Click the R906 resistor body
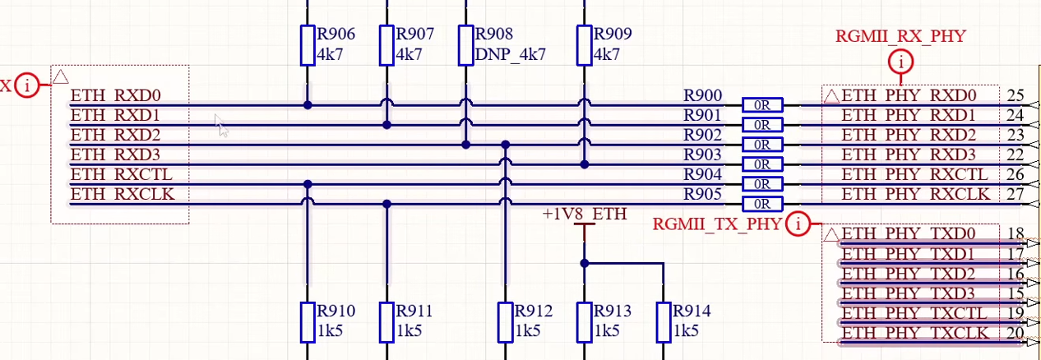307,44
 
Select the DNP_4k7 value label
510,55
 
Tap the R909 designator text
613,35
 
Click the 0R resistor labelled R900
762,105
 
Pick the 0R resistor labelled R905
762,204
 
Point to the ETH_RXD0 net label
115,96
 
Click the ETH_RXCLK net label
122,195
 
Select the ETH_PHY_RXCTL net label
914,174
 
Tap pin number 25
1015,95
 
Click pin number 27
1015,194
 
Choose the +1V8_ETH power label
585,215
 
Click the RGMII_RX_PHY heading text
900,36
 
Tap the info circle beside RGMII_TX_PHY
797,224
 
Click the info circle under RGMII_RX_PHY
902,62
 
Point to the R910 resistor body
307,322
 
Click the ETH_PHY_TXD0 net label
909,233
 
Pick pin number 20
1015,333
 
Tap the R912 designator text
534,312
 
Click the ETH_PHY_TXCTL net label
914,312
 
